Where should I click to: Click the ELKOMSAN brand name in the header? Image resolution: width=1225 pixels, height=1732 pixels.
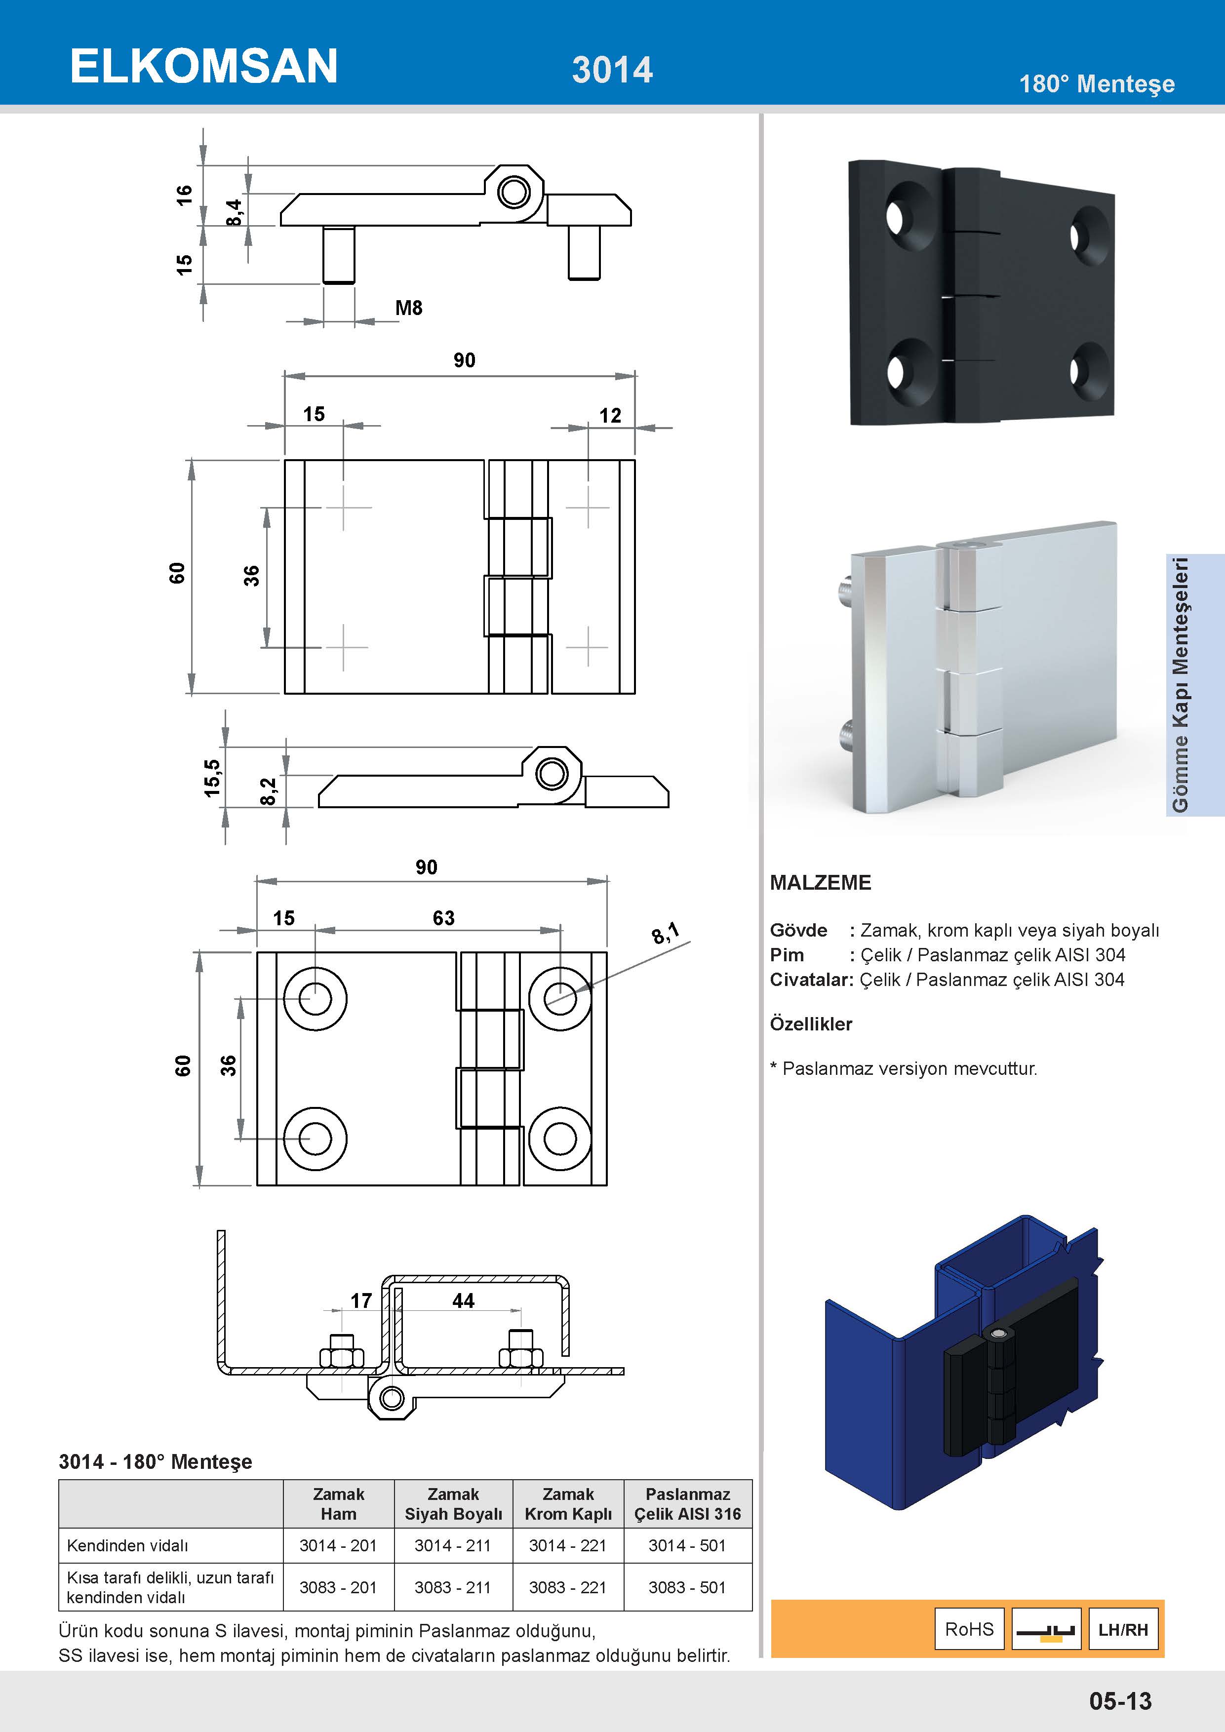pyautogui.click(x=203, y=66)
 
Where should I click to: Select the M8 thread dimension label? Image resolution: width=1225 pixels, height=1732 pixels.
pyautogui.click(x=409, y=308)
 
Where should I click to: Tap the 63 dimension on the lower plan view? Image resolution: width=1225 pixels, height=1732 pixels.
pyautogui.click(x=443, y=918)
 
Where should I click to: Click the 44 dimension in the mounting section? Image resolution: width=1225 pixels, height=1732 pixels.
pyautogui.click(x=463, y=1300)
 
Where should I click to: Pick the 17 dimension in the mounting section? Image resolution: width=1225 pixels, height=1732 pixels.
pyautogui.click(x=361, y=1300)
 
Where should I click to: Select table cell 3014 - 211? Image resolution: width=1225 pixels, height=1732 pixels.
pyautogui.click(x=453, y=1546)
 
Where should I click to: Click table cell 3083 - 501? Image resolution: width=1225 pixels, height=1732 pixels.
pyautogui.click(x=687, y=1587)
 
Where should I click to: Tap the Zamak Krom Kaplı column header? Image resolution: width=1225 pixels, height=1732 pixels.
pyautogui.click(x=568, y=1504)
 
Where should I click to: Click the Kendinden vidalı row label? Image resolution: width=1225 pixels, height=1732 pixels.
pyautogui.click(x=127, y=1546)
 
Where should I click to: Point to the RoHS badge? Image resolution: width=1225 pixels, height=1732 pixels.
pyautogui.click(x=969, y=1629)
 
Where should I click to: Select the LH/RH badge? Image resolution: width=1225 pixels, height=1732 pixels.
pyautogui.click(x=1123, y=1629)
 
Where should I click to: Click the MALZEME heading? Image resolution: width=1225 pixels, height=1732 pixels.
pyautogui.click(x=820, y=883)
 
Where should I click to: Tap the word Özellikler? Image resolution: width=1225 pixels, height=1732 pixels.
pyautogui.click(x=811, y=1023)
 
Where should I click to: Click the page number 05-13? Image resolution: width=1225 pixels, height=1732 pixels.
pyautogui.click(x=1120, y=1701)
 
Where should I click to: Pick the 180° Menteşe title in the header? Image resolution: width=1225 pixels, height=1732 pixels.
pyautogui.click(x=1096, y=84)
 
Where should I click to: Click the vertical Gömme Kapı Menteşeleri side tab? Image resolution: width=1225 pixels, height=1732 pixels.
pyautogui.click(x=1181, y=685)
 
